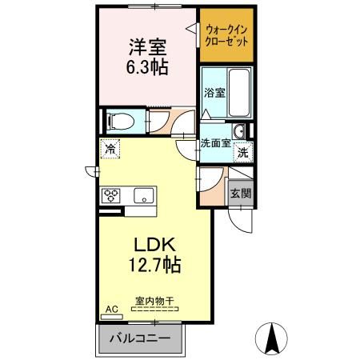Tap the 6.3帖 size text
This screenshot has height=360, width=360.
pyautogui.click(x=147, y=68)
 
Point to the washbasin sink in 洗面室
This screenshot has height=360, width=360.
pyautogui.click(x=238, y=132)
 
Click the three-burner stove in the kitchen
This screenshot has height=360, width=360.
pyautogui.click(x=110, y=194)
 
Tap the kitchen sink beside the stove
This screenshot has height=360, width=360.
pyautogui.click(x=145, y=194)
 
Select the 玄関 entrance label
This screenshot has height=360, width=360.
pyautogui.click(x=239, y=193)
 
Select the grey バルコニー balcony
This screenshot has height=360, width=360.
pyautogui.click(x=144, y=338)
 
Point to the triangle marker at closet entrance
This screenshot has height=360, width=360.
pyautogui.click(x=192, y=29)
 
